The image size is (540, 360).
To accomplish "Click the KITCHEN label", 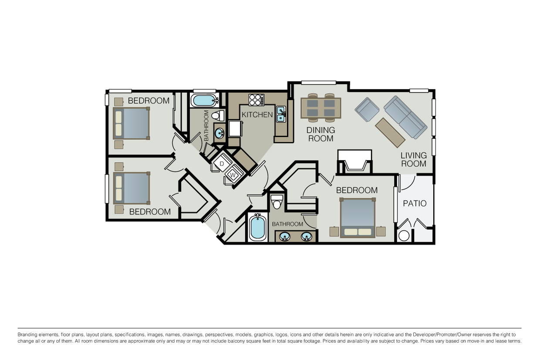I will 257,115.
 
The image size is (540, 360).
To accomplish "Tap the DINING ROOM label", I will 321,134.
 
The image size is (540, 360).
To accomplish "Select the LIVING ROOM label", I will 413,159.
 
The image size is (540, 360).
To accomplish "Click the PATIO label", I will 414,203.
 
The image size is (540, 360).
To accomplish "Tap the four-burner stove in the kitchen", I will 256,100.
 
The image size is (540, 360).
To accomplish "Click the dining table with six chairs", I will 321,108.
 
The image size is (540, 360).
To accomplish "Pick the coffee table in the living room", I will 390,132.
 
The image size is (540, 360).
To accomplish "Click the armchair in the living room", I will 367,109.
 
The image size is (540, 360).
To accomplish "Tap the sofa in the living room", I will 405,117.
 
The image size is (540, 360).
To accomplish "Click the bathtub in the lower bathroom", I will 257,227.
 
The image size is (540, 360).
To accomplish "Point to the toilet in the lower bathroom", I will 277,202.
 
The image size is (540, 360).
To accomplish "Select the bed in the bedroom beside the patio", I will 358,218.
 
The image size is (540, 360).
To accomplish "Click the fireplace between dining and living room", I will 354,162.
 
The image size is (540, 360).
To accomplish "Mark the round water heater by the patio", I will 404,236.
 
